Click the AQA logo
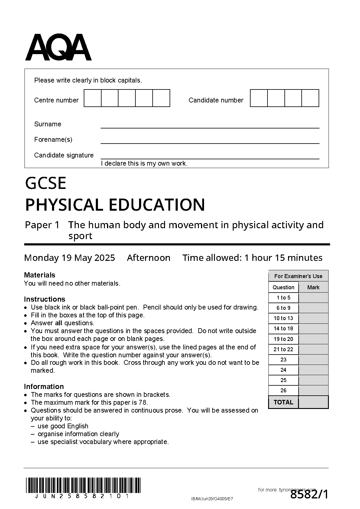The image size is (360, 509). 58,47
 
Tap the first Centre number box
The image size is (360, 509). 92,98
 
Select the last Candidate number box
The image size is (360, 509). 310,98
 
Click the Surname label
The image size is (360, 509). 47,124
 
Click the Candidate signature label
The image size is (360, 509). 64,155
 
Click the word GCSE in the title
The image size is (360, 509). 46,183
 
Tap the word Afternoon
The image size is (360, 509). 148,258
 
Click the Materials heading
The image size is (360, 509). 40,275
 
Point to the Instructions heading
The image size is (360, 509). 44,299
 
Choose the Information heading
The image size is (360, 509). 44,387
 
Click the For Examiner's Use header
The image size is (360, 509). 298,276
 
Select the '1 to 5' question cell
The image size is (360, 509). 283,298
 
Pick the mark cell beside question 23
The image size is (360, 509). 313,360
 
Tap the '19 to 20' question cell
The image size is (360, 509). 283,339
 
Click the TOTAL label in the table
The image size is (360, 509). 283,402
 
